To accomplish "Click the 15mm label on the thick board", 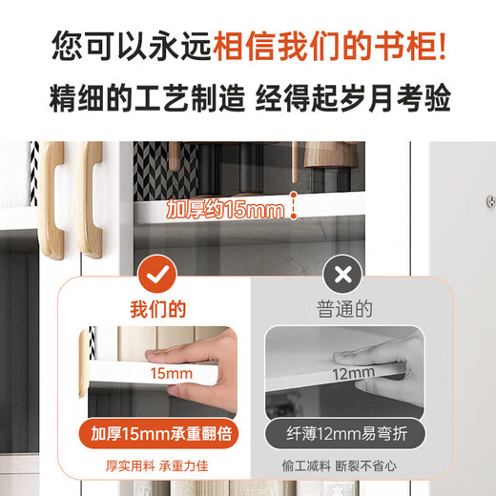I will pyautogui.click(x=173, y=373).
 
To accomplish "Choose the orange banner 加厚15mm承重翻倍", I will pyautogui.click(x=158, y=434).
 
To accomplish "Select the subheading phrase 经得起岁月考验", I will pyautogui.click(x=352, y=98).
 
